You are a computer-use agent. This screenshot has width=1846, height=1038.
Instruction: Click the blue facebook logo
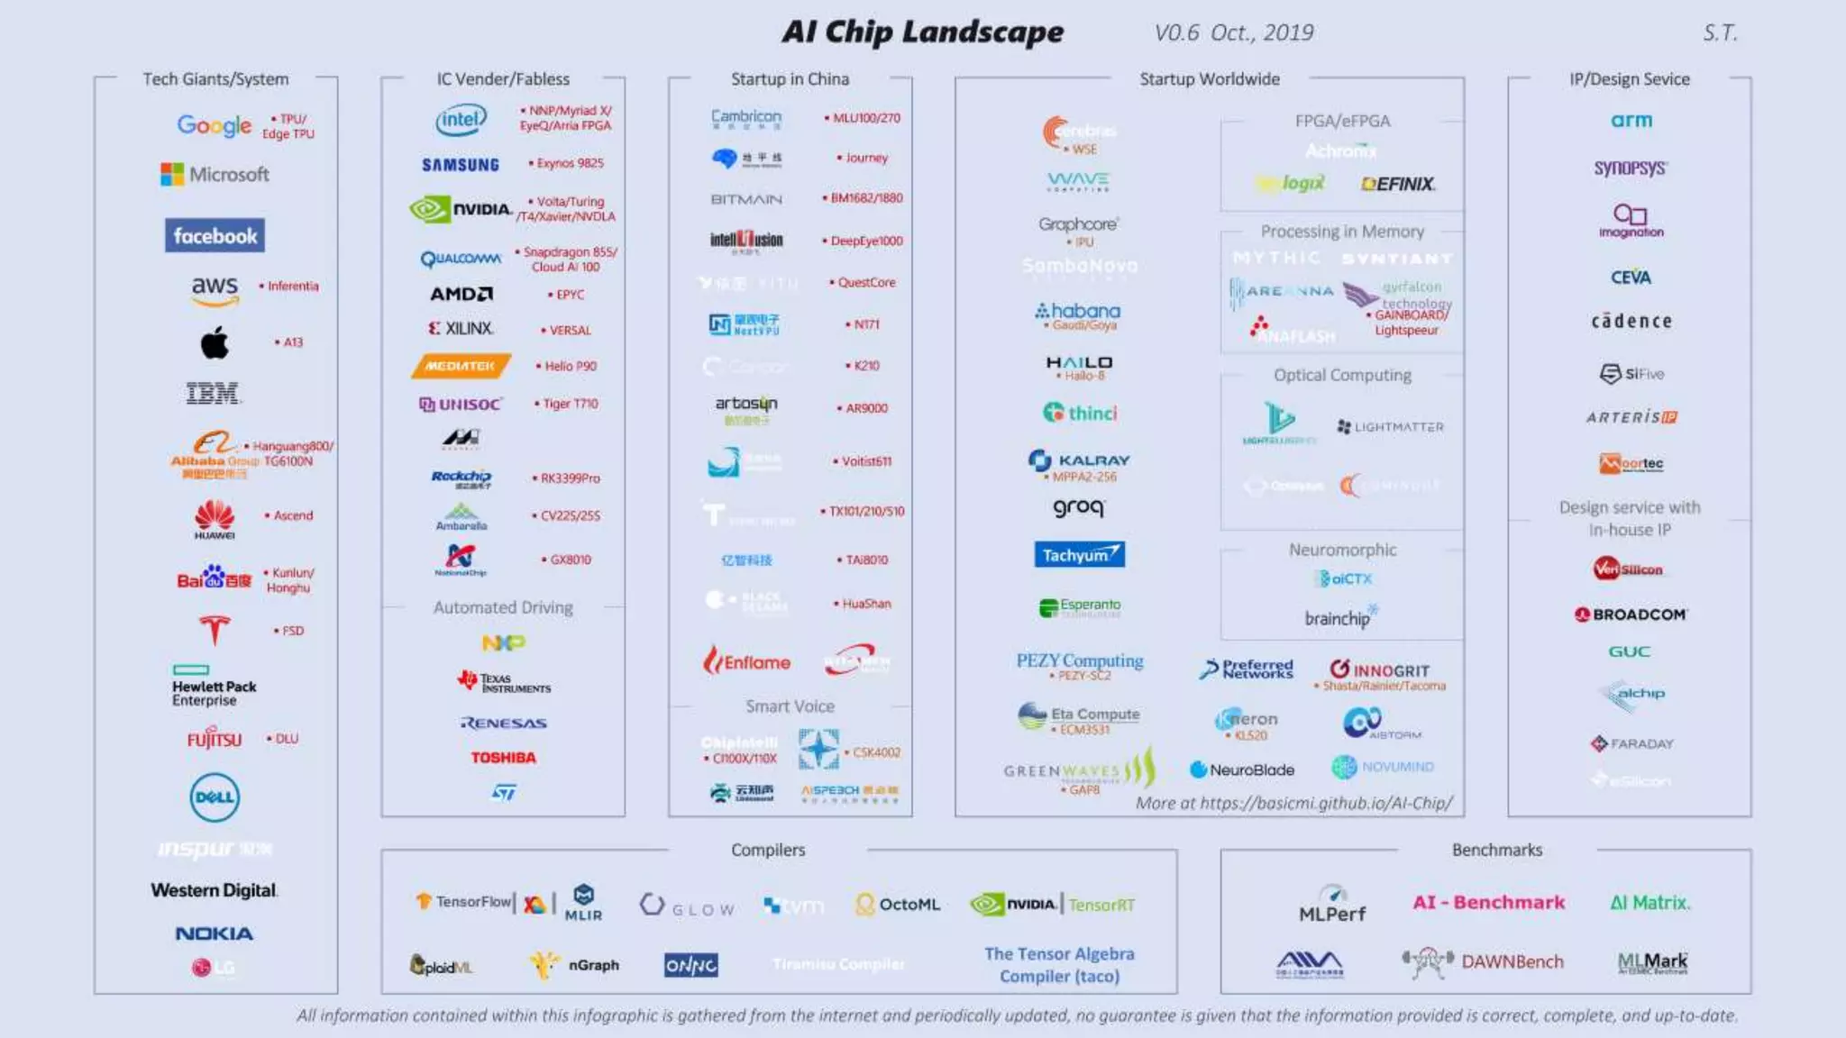(x=215, y=236)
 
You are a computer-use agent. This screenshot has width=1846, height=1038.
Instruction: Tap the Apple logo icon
(x=215, y=342)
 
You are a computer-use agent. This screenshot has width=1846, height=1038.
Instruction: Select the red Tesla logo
(x=215, y=630)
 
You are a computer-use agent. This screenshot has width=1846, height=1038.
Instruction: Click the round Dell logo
(x=215, y=797)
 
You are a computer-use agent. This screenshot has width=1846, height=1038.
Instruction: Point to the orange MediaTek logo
(x=461, y=366)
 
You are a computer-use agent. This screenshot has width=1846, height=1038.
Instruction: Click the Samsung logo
(x=461, y=164)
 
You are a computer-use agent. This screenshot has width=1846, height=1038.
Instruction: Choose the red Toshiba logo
(x=503, y=758)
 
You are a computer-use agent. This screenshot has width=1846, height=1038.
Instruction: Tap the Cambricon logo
(x=746, y=118)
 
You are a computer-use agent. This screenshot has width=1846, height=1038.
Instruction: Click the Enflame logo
(x=747, y=662)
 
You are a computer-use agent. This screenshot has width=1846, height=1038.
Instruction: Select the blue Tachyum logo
(x=1079, y=554)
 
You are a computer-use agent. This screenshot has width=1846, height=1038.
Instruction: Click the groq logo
(x=1079, y=508)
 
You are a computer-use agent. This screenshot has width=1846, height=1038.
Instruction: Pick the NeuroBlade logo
(x=1242, y=769)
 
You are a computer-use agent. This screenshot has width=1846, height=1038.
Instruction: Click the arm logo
(x=1631, y=120)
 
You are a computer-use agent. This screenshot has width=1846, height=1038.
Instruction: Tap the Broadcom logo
(x=1631, y=615)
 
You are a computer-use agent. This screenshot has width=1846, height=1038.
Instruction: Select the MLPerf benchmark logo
(x=1332, y=905)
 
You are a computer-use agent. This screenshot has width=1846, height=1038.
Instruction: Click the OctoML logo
(x=898, y=904)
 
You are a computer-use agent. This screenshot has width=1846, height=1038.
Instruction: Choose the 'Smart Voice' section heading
(x=790, y=706)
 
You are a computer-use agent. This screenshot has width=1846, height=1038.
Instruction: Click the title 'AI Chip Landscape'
(x=922, y=32)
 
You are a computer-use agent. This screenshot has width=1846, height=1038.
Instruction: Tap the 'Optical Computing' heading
(x=1342, y=375)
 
